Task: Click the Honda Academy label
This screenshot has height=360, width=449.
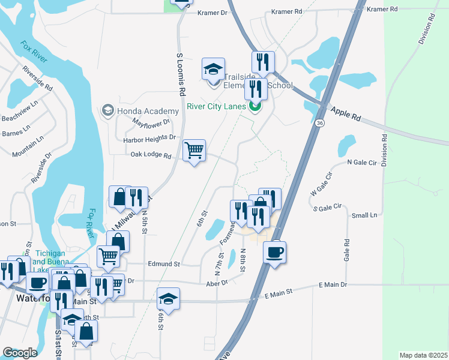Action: pyautogui.click(x=148, y=111)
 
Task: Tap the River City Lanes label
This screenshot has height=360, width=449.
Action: pyautogui.click(x=215, y=107)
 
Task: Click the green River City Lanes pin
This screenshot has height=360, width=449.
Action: pyautogui.click(x=255, y=107)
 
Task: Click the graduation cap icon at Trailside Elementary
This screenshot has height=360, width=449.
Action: pyautogui.click(x=213, y=70)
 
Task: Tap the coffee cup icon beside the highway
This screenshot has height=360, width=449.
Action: pyautogui.click(x=274, y=252)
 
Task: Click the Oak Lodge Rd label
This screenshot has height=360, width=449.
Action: pyautogui.click(x=151, y=155)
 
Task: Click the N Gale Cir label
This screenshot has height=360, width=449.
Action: pyautogui.click(x=362, y=162)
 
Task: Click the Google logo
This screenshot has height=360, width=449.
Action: pyautogui.click(x=20, y=353)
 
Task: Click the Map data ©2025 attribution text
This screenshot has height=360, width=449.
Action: pyautogui.click(x=423, y=355)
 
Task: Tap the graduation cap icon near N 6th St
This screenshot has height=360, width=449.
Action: pyautogui.click(x=169, y=299)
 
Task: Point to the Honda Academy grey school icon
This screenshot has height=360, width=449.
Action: pyautogui.click(x=108, y=110)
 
